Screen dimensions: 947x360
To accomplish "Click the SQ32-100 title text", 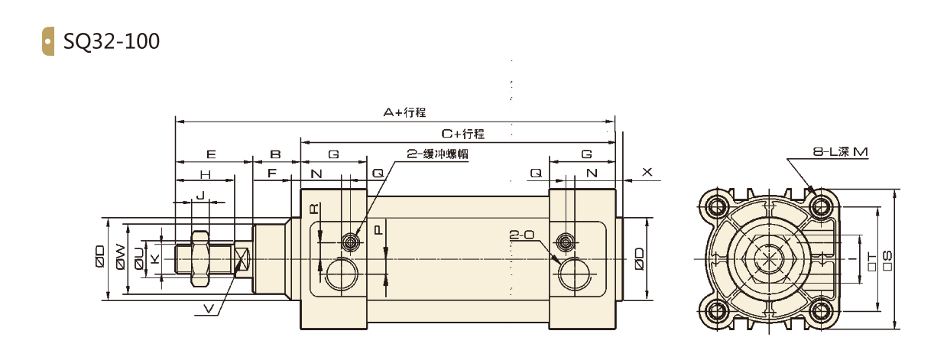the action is (112, 41).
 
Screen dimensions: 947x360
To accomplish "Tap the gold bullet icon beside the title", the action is (48, 41).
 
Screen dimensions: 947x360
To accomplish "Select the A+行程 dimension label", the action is (404, 112).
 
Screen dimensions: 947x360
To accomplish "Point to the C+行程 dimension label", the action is (463, 134).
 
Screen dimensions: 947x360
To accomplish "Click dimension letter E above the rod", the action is (211, 154).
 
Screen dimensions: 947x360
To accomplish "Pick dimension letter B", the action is (276, 154).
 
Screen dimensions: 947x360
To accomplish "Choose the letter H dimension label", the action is (206, 174).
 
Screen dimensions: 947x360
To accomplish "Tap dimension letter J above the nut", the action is (201, 195).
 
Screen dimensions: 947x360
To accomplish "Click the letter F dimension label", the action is (272, 173).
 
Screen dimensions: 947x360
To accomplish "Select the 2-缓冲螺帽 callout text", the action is (437, 154).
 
